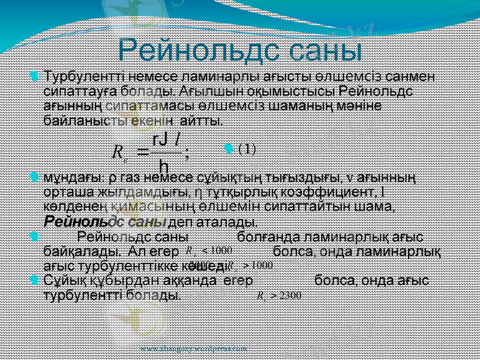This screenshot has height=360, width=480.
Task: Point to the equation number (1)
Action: (247, 149)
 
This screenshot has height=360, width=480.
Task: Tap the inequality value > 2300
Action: (278, 295)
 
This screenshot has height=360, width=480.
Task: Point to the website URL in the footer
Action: (193, 348)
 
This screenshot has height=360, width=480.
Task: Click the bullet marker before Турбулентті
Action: (35, 77)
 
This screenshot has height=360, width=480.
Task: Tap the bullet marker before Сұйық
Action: (35, 280)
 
